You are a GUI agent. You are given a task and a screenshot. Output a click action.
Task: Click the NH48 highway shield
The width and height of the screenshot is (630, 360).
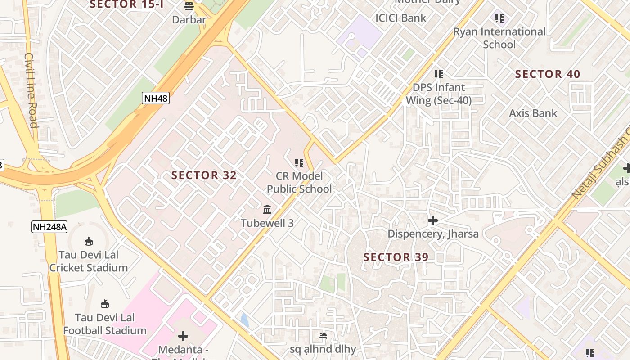pyautogui.click(x=156, y=98)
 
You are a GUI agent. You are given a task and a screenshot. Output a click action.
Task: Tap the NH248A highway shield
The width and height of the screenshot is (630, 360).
pyautogui.click(x=49, y=227)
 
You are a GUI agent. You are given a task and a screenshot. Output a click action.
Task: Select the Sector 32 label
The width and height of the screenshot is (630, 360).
pyautogui.click(x=204, y=175)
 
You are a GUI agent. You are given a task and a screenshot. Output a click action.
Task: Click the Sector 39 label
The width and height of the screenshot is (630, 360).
pyautogui.click(x=396, y=257)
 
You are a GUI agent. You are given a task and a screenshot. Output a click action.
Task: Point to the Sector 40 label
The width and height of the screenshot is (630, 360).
pyautogui.click(x=547, y=74)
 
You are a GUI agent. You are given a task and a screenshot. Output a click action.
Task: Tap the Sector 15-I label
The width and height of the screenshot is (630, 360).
pyautogui.click(x=126, y=4)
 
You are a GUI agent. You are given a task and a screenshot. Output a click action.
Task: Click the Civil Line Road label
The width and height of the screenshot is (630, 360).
pyautogui.click(x=31, y=90)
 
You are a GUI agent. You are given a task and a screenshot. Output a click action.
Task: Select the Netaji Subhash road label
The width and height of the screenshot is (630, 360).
pyautogui.click(x=601, y=166)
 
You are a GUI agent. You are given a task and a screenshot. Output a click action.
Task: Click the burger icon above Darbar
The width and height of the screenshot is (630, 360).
pyautogui.click(x=189, y=6)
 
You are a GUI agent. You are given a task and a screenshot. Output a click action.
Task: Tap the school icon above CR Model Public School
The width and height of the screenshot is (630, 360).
pyautogui.click(x=299, y=162)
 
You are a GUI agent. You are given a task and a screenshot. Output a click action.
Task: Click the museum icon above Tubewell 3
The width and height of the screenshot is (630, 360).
pyautogui.click(x=267, y=210)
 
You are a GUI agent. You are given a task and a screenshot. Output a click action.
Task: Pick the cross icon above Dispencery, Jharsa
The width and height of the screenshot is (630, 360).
pyautogui.click(x=432, y=220)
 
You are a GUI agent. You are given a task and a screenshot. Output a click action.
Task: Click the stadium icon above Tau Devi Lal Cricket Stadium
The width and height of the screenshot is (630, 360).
pyautogui.click(x=89, y=242)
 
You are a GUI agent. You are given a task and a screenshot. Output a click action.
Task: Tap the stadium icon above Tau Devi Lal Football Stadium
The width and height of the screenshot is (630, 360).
pyautogui.click(x=105, y=304)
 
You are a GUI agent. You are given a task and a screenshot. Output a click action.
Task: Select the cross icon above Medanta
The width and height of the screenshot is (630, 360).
pyautogui.click(x=183, y=336)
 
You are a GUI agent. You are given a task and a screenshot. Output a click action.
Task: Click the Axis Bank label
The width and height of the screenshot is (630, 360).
pyautogui.click(x=533, y=113)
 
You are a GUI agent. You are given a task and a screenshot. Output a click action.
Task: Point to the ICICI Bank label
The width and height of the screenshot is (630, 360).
pyautogui.click(x=400, y=18)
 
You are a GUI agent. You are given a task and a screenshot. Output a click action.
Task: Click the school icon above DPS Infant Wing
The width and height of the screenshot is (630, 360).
pyautogui.click(x=438, y=74)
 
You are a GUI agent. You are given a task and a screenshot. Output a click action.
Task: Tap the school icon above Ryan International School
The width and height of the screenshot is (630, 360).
pyautogui.click(x=499, y=18)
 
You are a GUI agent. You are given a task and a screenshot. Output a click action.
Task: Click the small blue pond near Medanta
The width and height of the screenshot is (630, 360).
pyautogui.click(x=244, y=320)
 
